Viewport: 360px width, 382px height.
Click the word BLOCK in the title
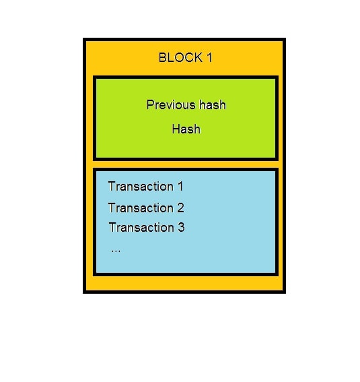[180, 58]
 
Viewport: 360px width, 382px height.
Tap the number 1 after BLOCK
[210, 58]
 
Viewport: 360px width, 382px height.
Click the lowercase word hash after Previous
[213, 104]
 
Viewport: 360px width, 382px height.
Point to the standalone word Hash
[186, 129]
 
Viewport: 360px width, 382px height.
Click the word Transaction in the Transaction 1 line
[141, 187]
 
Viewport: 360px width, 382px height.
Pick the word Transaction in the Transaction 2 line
[141, 208]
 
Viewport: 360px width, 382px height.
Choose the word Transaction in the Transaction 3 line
[141, 227]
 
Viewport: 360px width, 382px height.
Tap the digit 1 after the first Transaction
[180, 187]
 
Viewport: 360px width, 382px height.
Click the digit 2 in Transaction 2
[180, 208]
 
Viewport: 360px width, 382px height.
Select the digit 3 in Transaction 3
[181, 227]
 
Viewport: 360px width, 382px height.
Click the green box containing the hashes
[186, 118]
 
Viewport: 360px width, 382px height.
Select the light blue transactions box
[186, 222]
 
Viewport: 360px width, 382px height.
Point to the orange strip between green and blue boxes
[186, 164]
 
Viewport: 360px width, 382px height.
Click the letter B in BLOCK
[162, 58]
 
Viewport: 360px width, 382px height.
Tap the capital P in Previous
[150, 104]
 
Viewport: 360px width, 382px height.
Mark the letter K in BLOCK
[199, 58]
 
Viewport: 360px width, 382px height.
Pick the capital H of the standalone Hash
[176, 129]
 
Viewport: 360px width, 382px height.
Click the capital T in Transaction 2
[112, 208]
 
